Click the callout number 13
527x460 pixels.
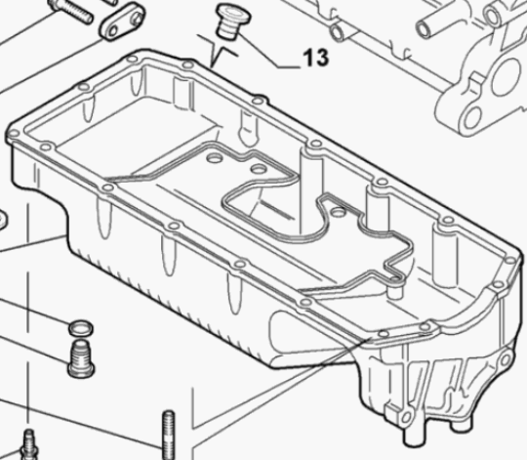pyautogui.click(x=316, y=58)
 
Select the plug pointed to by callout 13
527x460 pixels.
pyautogui.click(x=233, y=21)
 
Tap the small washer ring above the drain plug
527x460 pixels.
pyautogui.click(x=81, y=328)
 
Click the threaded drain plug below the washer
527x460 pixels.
pyautogui.click(x=81, y=358)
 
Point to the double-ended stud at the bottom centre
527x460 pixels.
pyautogui.click(x=169, y=435)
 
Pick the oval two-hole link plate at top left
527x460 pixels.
pyautogui.click(x=122, y=21)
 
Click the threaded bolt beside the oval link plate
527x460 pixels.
pyautogui.click(x=70, y=11)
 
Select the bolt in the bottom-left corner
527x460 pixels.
pyautogui.click(x=28, y=444)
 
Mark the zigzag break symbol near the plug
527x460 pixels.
pyautogui.click(x=218, y=51)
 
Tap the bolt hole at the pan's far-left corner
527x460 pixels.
pyautogui.click(x=14, y=134)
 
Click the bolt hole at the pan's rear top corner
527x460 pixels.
pyautogui.click(x=133, y=60)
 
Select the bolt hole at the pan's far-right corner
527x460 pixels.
pyautogui.click(x=510, y=260)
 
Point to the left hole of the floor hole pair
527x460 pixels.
pyautogui.click(x=214, y=157)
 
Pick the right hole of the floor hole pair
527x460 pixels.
pyautogui.click(x=259, y=168)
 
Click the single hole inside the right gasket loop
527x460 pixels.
pyautogui.click(x=338, y=213)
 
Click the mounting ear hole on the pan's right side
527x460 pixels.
pyautogui.click(x=506, y=359)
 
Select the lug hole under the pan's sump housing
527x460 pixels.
pyautogui.click(x=406, y=417)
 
